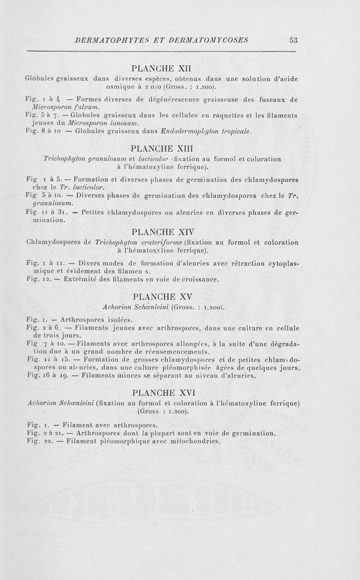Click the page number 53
294,40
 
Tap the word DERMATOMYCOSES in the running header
209,40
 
